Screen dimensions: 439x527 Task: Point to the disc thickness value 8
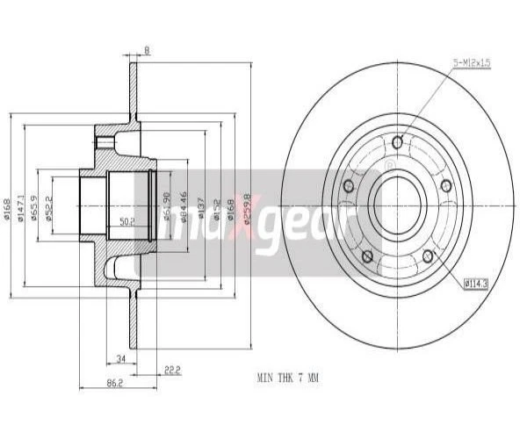147,50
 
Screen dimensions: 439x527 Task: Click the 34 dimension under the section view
120,357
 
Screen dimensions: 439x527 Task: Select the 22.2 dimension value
171,370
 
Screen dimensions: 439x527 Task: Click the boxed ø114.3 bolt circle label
475,283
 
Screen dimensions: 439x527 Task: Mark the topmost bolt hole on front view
397,142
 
